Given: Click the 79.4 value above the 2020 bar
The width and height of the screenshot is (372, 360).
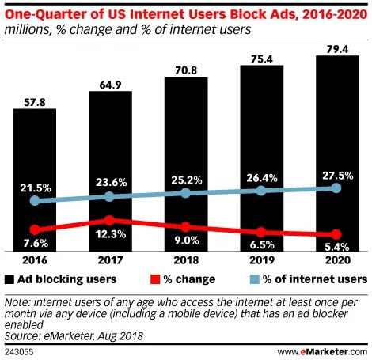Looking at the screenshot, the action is coord(337,49).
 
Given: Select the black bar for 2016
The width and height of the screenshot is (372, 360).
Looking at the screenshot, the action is coord(35,180).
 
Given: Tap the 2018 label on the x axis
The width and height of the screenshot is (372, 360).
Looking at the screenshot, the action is coord(186,260).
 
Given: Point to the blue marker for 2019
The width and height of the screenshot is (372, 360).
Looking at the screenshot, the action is coord(261,191).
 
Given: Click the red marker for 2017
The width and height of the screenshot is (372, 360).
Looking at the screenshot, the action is coord(109,221).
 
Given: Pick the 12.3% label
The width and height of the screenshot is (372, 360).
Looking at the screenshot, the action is coord(111,234).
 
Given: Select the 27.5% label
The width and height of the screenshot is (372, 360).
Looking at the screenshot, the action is coord(338,176).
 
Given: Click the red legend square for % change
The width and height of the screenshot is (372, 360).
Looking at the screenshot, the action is coord(155,279).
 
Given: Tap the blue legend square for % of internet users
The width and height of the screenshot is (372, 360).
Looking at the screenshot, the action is coord(254,279).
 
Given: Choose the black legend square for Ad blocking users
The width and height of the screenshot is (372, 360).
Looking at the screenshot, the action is coord(9,279).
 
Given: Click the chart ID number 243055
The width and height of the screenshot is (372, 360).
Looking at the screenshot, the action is coord(19,352).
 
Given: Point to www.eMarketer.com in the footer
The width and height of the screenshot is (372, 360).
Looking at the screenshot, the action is coord(322,351).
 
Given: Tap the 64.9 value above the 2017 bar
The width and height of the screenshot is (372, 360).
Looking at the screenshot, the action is coord(110,85).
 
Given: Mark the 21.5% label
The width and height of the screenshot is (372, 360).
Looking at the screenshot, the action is coord(36,188).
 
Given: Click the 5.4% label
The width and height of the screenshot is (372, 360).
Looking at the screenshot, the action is coord(337,247).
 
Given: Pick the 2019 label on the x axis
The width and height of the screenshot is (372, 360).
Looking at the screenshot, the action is coord(262,260).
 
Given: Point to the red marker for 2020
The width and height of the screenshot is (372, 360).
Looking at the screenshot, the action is coord(336,234).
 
